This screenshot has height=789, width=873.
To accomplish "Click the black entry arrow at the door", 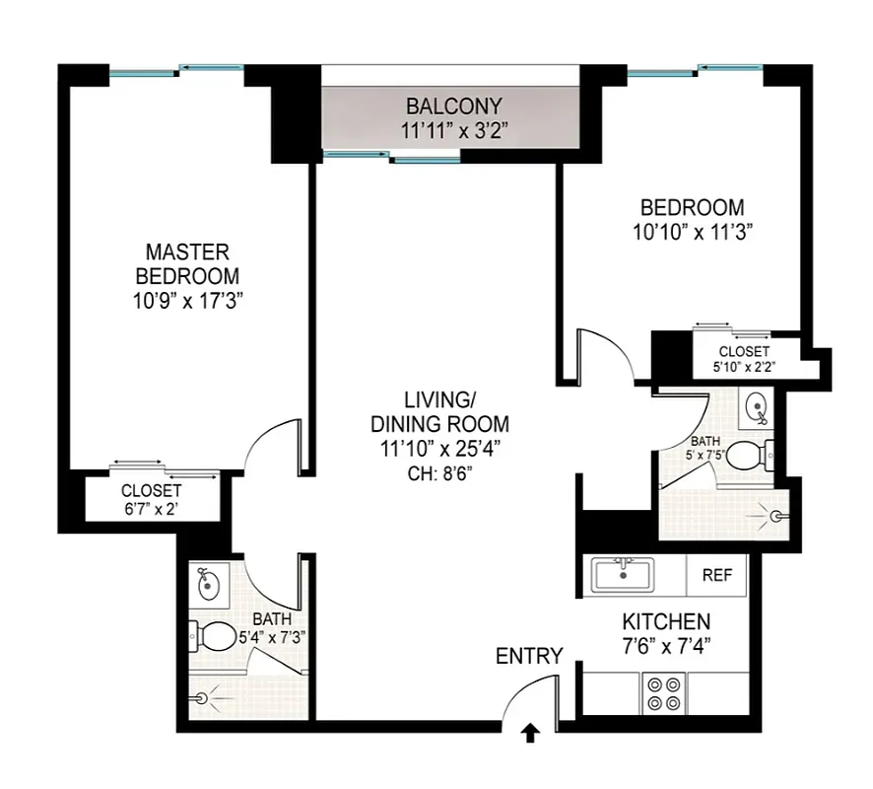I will (531, 733).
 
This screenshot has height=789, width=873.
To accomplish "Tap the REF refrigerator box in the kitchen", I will (715, 576).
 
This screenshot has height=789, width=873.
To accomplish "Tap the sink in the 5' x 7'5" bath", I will (756, 406).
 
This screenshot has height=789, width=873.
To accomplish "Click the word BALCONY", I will (454, 106).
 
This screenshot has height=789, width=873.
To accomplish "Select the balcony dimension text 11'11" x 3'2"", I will (454, 129).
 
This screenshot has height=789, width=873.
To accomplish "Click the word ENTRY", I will (529, 656).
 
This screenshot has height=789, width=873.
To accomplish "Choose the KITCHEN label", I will (666, 623).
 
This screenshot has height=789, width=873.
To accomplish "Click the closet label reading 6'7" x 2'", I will (151, 509).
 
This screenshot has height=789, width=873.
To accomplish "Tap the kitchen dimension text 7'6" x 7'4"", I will (666, 648).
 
